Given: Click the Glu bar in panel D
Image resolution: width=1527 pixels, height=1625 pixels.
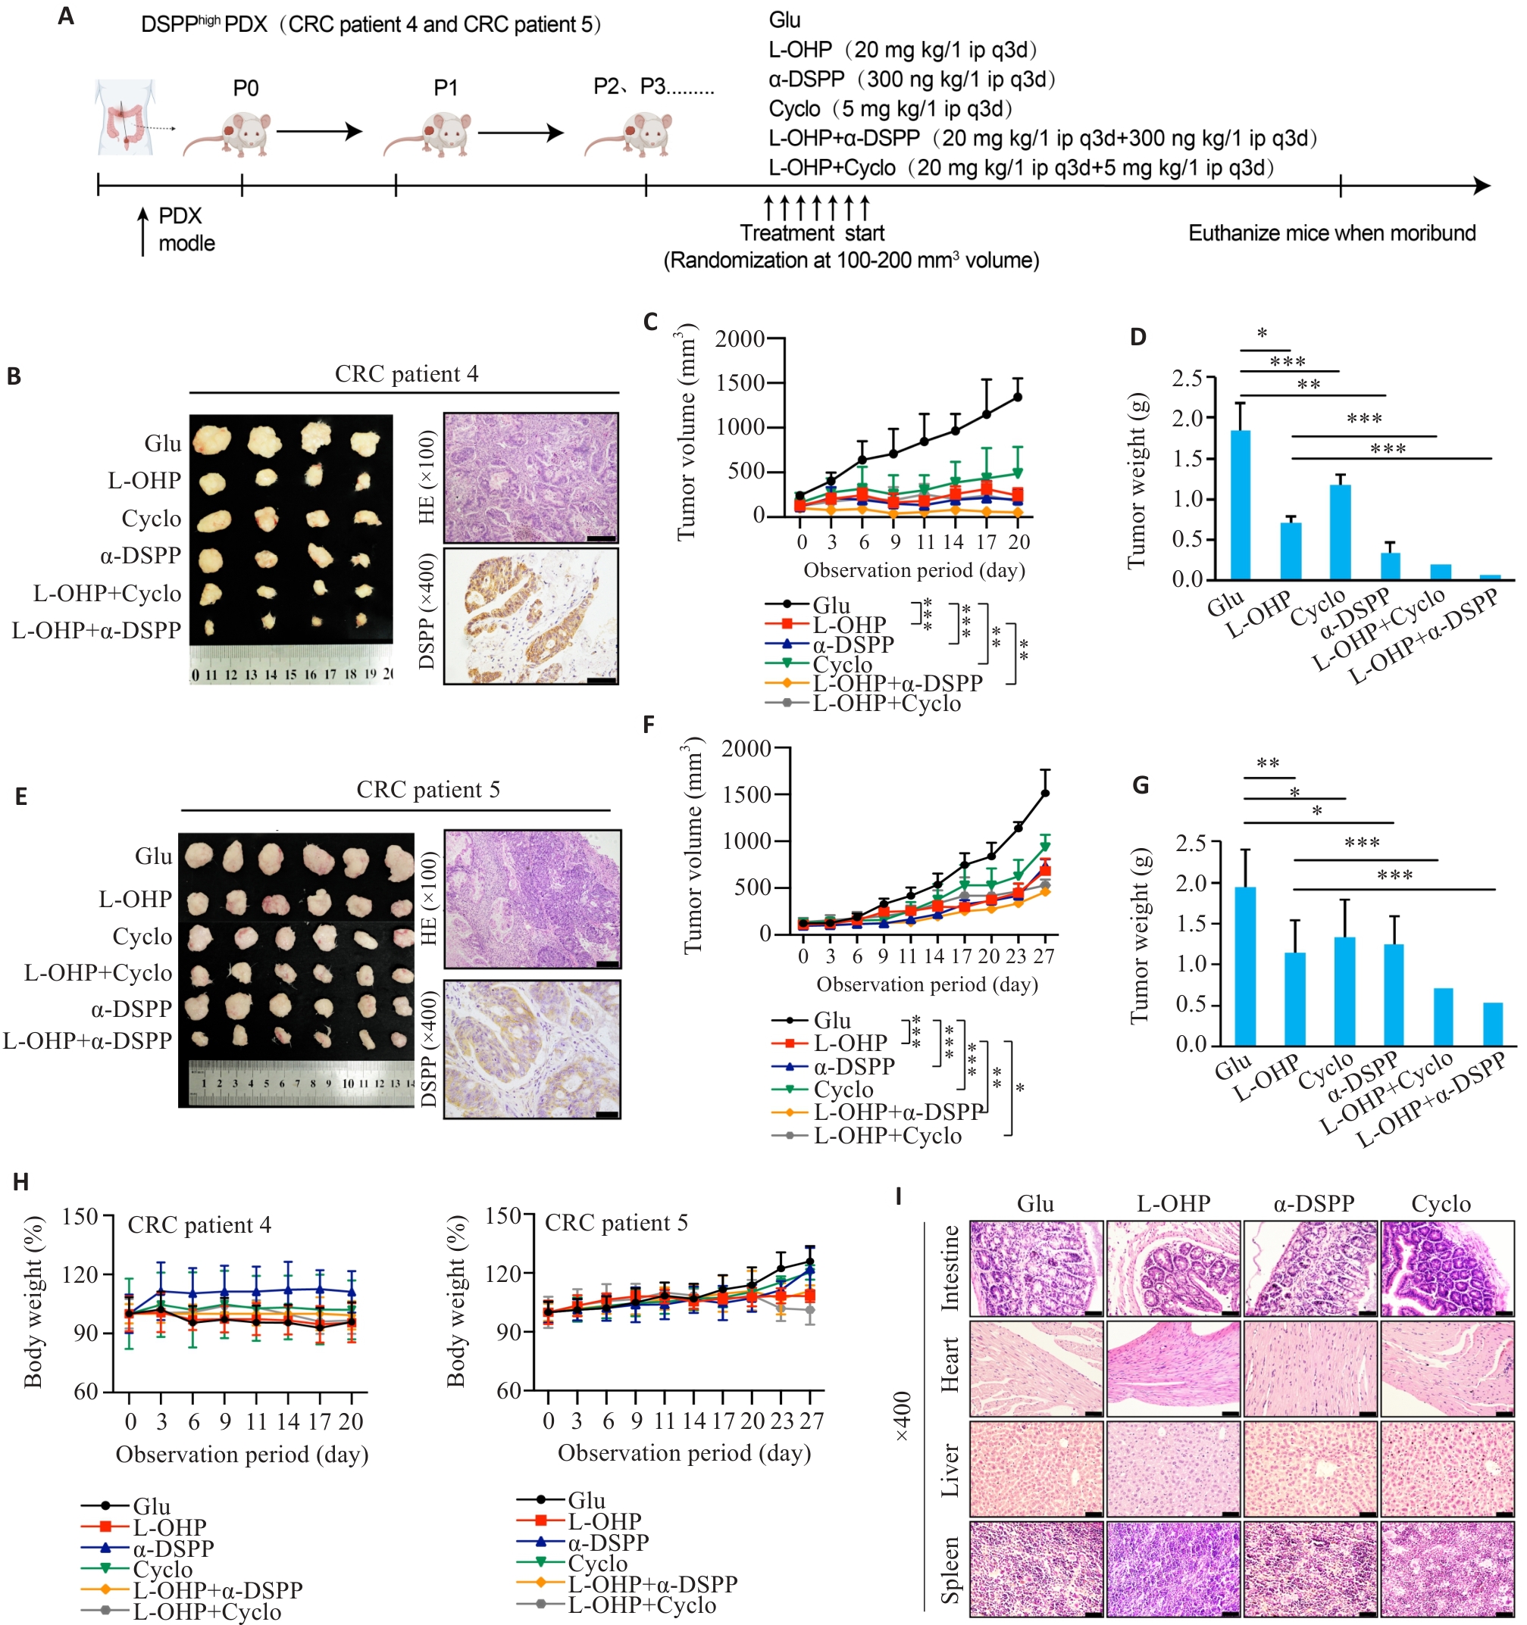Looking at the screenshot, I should (x=1240, y=504).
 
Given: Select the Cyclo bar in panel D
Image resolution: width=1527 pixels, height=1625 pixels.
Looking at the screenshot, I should (x=1340, y=532).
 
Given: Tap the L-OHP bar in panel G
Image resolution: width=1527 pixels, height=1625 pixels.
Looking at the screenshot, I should (x=1294, y=998).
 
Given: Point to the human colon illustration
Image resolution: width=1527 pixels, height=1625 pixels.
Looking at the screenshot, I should (x=124, y=116).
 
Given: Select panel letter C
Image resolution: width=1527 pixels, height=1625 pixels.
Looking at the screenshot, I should (x=650, y=321).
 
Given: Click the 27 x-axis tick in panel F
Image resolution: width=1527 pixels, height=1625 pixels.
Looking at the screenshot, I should (x=1044, y=956).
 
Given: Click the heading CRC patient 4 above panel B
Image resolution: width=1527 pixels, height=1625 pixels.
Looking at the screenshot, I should (x=406, y=374).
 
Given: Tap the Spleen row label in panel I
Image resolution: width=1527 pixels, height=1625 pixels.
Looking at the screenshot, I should (x=949, y=1570).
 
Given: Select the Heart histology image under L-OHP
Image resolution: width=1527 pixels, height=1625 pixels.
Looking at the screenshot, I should (x=1173, y=1368).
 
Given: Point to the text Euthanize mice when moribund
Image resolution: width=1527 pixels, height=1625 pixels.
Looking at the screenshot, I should (x=1331, y=233).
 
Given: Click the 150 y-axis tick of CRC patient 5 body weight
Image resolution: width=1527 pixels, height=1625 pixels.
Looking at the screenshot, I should (x=503, y=1216).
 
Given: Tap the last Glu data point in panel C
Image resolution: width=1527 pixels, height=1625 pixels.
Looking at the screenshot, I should (x=1018, y=398).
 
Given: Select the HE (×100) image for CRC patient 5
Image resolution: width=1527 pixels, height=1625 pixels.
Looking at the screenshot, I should (x=532, y=899).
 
